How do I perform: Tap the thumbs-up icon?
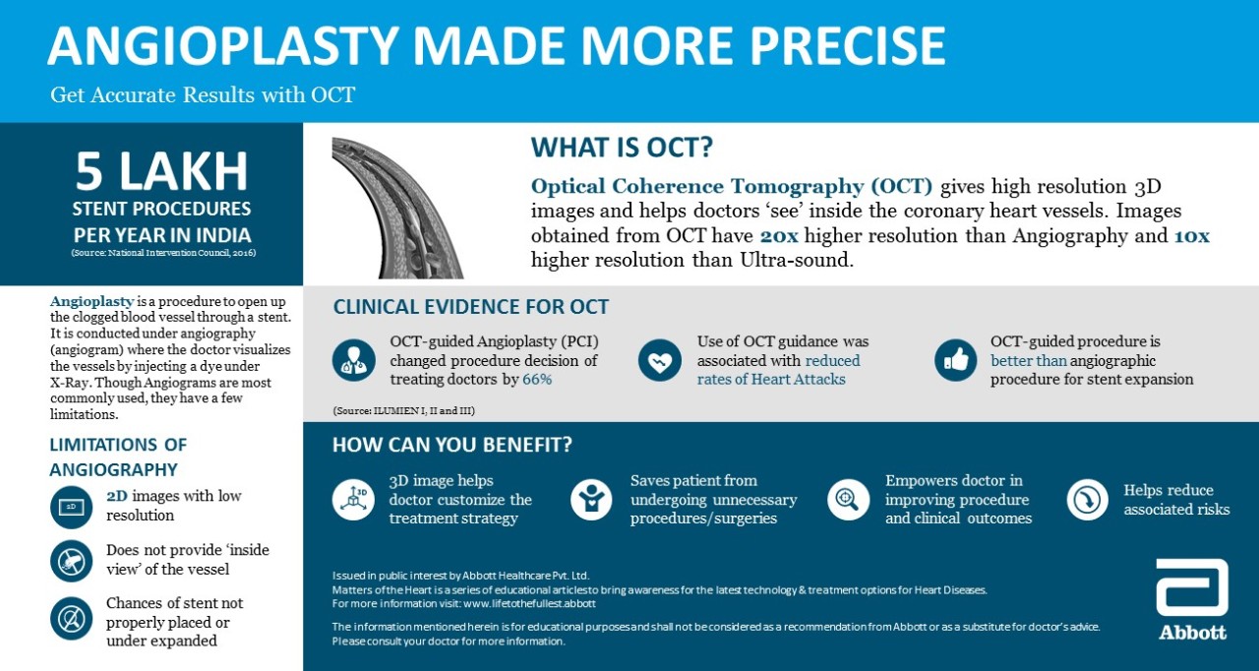(956, 360)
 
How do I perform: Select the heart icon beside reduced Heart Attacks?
(660, 360)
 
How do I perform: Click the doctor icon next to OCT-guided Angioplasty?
(353, 360)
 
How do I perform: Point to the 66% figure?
(537, 380)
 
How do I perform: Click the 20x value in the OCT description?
(779, 235)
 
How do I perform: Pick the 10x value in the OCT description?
(1191, 235)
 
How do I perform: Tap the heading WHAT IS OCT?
(622, 148)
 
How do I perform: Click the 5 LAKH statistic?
(161, 171)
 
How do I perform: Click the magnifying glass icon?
(848, 500)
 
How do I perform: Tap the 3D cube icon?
(353, 500)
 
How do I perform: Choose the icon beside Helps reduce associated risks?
(1088, 500)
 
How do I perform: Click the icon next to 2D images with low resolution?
(72, 507)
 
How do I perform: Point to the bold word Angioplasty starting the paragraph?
(92, 301)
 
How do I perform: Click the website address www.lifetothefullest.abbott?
(529, 604)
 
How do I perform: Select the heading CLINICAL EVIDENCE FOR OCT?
(471, 307)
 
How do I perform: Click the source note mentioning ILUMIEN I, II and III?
(403, 411)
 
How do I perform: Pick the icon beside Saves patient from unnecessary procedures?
(591, 500)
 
